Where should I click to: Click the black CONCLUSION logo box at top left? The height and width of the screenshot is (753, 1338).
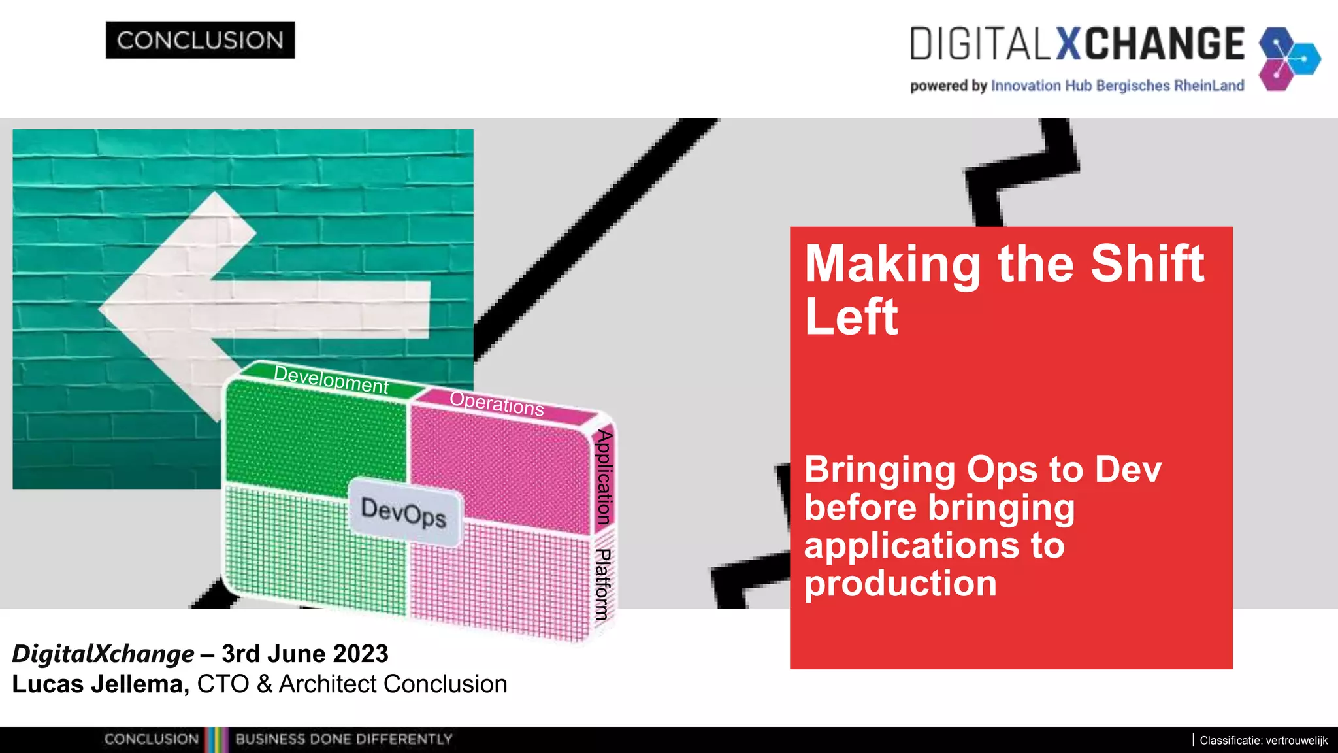pyautogui.click(x=200, y=41)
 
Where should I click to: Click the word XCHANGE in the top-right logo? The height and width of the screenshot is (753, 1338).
pyautogui.click(x=1150, y=44)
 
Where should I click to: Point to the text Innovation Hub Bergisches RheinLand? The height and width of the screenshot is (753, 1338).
pyautogui.click(x=1117, y=86)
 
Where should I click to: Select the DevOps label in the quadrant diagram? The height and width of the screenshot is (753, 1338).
pyautogui.click(x=404, y=512)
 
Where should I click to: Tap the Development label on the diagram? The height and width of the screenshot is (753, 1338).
pyautogui.click(x=331, y=379)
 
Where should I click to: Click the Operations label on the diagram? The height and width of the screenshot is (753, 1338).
pyautogui.click(x=497, y=403)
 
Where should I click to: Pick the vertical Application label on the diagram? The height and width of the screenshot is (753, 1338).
pyautogui.click(x=604, y=477)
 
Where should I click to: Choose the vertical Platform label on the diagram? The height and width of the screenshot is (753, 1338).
pyautogui.click(x=603, y=584)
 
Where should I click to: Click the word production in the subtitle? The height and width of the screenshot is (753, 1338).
pyautogui.click(x=900, y=583)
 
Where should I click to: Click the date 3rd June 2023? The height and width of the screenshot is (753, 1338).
pyautogui.click(x=304, y=654)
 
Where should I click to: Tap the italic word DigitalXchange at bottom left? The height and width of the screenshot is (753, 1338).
pyautogui.click(x=103, y=654)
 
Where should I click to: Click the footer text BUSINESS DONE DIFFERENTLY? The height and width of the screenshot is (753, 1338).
pyautogui.click(x=344, y=739)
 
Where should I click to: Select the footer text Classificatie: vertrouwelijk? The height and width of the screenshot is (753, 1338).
pyautogui.click(x=1263, y=741)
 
